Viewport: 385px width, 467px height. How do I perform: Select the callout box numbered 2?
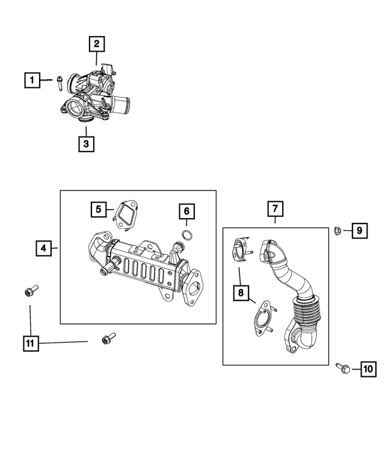(x=96, y=44)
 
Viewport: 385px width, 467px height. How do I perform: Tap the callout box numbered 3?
(x=86, y=144)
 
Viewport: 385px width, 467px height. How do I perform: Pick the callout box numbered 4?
(x=43, y=248)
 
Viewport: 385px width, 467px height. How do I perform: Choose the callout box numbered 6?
(x=186, y=211)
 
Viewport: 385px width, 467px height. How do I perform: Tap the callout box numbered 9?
(x=359, y=230)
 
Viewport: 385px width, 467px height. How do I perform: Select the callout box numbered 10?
(x=368, y=369)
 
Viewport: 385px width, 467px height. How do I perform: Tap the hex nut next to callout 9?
(x=339, y=230)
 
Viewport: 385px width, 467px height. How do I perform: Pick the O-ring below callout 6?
(x=188, y=234)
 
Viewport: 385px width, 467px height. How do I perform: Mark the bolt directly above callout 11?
(x=30, y=291)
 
